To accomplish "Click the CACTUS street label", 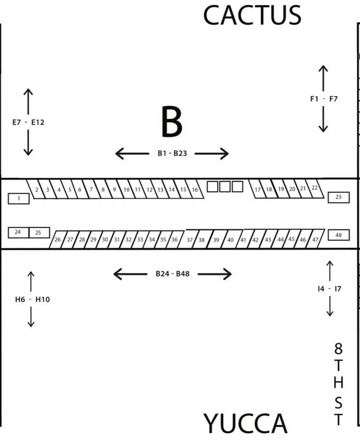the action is [x=252, y=15].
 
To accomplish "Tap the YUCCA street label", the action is [x=245, y=424].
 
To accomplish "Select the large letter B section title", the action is [x=172, y=121].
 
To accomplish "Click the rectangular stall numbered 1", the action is [x=18, y=198].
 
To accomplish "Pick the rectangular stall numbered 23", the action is [x=338, y=197].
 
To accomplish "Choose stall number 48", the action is [x=338, y=235].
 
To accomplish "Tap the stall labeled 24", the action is [x=18, y=232].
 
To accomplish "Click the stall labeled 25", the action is [x=39, y=232].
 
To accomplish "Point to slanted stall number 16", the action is [x=194, y=189].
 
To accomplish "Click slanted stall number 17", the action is [x=257, y=189].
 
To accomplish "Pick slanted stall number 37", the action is [x=189, y=239].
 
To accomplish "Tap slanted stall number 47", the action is [x=316, y=239].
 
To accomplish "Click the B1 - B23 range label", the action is [x=172, y=153].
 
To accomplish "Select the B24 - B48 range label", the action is [x=173, y=274].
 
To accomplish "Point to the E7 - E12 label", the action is [x=28, y=123].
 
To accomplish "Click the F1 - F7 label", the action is [x=324, y=99].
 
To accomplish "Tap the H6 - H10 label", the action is [x=33, y=299].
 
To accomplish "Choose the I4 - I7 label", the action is [x=329, y=289].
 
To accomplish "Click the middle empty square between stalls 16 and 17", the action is [x=225, y=187].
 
